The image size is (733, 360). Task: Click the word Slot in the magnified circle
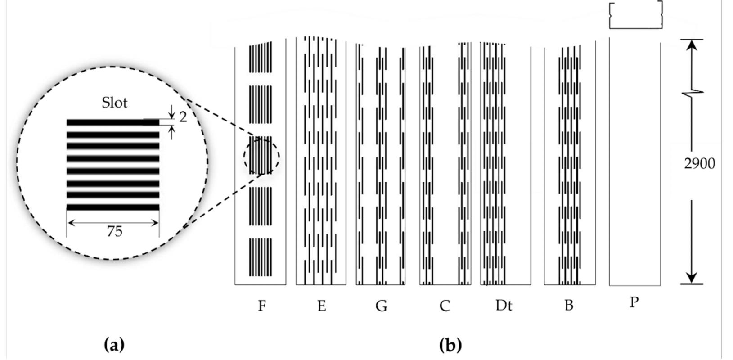tap(115, 103)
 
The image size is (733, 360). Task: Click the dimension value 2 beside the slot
tap(183, 117)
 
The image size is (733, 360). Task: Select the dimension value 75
tap(114, 231)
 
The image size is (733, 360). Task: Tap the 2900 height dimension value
tap(699, 164)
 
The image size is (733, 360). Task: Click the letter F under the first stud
tap(262, 306)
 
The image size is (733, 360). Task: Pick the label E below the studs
tap(321, 306)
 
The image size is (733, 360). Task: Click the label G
tap(381, 306)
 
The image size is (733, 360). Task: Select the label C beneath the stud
tap(444, 306)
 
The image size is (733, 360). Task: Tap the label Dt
tap(504, 306)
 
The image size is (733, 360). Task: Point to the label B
tap(568, 306)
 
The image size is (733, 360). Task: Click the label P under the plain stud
tap(634, 302)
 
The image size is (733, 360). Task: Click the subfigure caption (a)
tap(114, 345)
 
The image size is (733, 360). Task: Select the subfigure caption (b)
tap(450, 345)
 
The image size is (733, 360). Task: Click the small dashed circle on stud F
tap(261, 156)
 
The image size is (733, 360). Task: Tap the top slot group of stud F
tap(261, 58)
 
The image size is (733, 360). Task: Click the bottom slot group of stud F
tap(261, 257)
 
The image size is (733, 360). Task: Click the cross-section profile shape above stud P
tap(635, 15)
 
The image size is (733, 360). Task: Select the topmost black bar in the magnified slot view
tap(112, 122)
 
